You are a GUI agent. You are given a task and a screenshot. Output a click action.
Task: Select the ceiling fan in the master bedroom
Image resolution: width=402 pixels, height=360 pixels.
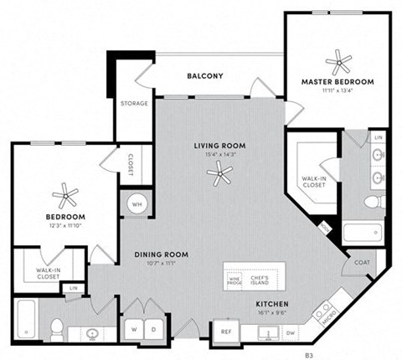point(339,59)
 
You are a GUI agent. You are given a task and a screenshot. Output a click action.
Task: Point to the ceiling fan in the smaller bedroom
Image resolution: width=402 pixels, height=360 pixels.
point(64,198)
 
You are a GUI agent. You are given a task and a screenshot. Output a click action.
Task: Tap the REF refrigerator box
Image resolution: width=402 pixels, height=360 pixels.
point(226,332)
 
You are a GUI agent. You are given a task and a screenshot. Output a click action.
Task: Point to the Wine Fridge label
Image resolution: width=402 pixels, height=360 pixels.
point(236,277)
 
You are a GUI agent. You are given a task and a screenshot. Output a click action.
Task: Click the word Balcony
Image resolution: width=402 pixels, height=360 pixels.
point(204,76)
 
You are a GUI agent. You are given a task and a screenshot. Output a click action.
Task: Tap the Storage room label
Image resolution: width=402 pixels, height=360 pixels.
point(134,104)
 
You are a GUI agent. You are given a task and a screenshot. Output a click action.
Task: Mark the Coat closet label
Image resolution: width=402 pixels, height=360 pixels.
point(361,262)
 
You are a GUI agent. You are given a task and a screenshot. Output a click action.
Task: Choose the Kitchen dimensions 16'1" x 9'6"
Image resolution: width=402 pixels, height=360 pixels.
point(271,313)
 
